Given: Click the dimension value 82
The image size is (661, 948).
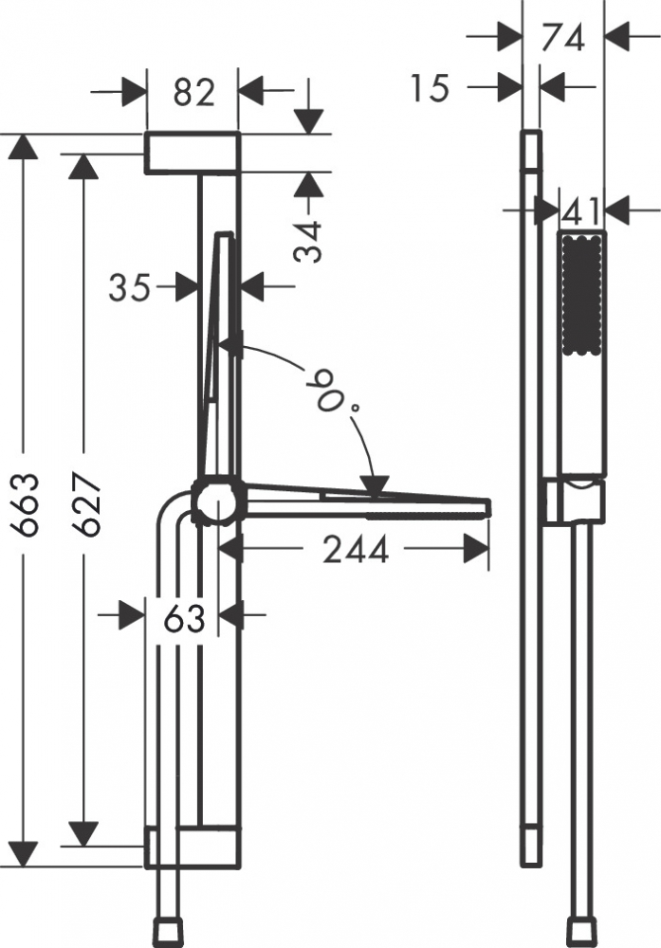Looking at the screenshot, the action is click(194, 93).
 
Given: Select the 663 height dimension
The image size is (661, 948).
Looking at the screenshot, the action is click(27, 505).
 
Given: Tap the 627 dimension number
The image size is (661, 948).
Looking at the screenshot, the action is click(86, 505).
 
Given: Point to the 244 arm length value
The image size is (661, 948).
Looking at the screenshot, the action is click(355, 550).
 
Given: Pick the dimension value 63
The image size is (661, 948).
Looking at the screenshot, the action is click(184, 618).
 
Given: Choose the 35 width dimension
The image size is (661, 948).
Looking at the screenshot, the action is click(129, 287).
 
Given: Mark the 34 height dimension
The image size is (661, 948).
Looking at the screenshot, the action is click(308, 242).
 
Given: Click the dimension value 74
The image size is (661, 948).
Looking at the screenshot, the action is click(563, 38).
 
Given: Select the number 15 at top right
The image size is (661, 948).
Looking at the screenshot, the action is click(430, 87).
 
